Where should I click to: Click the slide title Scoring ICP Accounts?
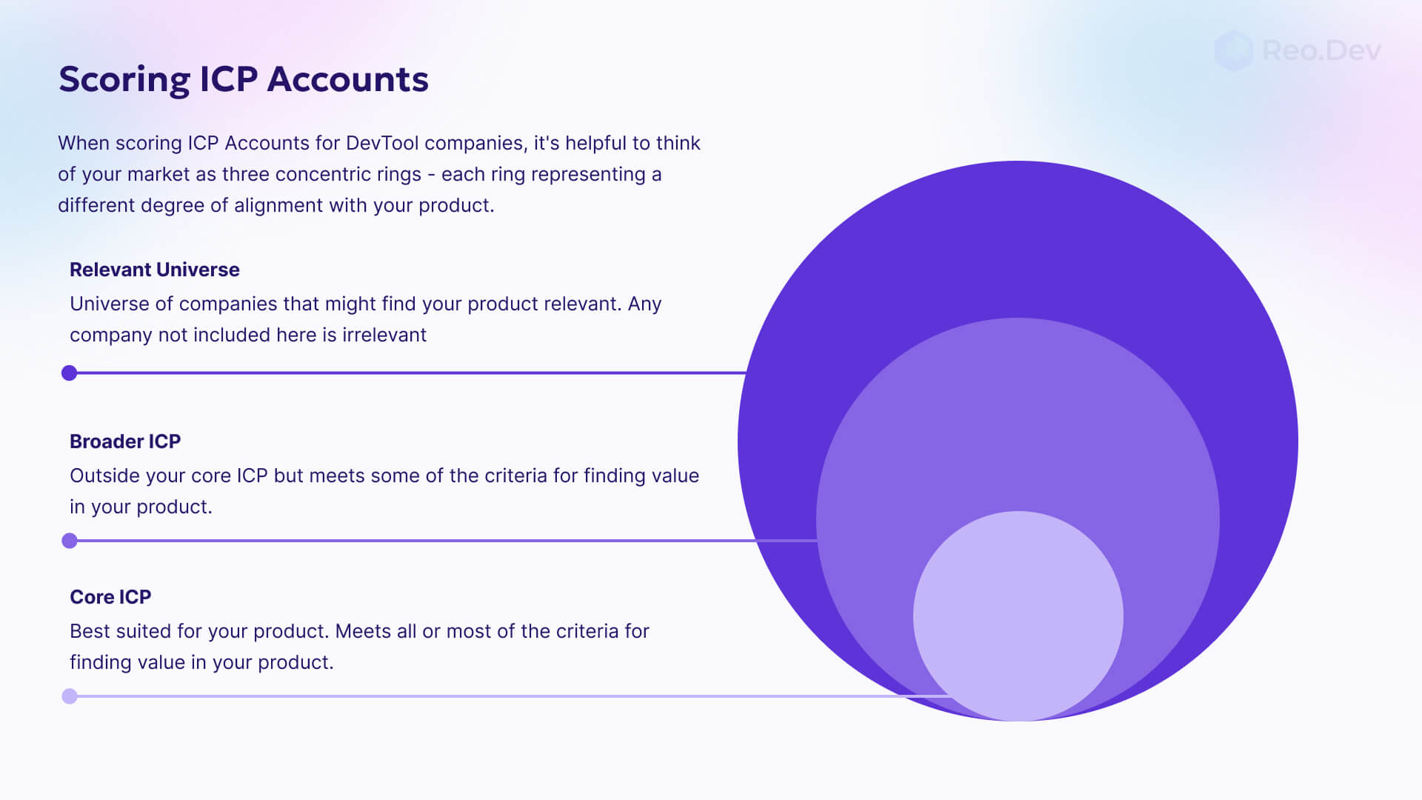[x=243, y=79]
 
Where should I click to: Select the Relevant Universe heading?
[x=154, y=270]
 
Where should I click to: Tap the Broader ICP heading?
[x=125, y=441]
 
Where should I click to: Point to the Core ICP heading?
[x=110, y=597]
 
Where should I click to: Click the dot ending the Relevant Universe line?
[x=70, y=373]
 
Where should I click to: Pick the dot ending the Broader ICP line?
[x=70, y=541]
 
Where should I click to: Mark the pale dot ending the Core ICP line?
[x=70, y=696]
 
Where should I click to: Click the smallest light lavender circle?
[x=1018, y=615]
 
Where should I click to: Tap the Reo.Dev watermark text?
[x=1321, y=50]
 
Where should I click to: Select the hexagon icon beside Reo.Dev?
[x=1233, y=50]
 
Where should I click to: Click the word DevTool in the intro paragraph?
[x=382, y=143]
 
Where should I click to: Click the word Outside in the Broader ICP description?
[x=104, y=476]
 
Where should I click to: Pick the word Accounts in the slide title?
[x=347, y=79]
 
